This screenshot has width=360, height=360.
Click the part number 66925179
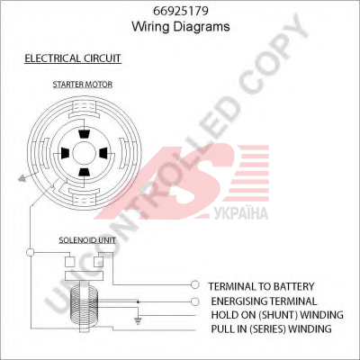(x=181, y=11)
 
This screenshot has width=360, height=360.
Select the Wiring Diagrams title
(x=181, y=26)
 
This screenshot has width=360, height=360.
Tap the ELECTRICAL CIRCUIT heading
(x=73, y=58)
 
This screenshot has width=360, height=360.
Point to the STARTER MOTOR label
(x=83, y=85)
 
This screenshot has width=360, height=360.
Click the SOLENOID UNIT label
(x=87, y=240)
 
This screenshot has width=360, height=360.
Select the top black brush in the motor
(x=84, y=134)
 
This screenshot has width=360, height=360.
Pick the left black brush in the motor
(x=65, y=153)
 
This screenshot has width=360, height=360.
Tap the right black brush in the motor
(x=103, y=153)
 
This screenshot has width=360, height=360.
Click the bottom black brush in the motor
(x=84, y=172)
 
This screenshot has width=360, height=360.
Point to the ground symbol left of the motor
(x=22, y=179)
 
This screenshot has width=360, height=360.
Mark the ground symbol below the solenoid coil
(x=138, y=321)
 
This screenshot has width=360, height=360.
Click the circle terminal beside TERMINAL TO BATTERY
(x=195, y=284)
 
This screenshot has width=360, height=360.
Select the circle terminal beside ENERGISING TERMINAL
(x=195, y=301)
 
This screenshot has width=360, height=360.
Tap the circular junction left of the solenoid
(x=31, y=252)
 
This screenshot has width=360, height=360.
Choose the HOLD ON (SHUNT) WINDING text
(x=277, y=315)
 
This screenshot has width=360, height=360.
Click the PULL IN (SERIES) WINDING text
(x=271, y=328)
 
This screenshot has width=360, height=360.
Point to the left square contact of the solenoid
(x=70, y=262)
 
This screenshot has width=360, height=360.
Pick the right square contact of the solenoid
(x=98, y=262)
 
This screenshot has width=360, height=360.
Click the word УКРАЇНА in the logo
(x=241, y=213)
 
